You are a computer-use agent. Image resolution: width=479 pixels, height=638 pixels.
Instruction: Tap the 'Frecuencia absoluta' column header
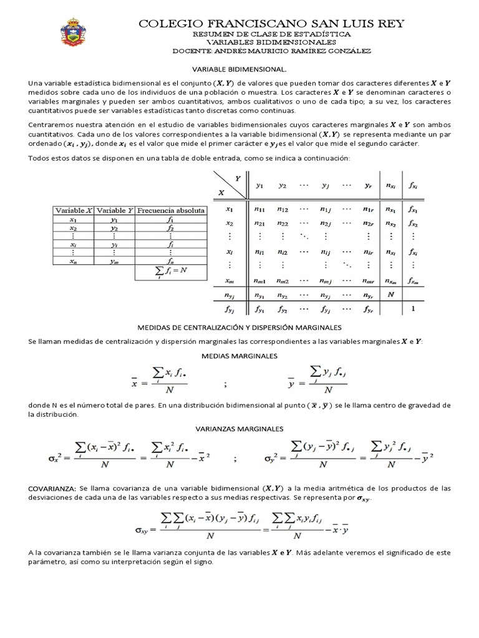click(171, 211)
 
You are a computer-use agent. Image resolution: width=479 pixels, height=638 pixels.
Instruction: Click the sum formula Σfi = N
click(171, 271)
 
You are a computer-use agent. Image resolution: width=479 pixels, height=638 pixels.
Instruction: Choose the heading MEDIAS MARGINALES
click(239, 355)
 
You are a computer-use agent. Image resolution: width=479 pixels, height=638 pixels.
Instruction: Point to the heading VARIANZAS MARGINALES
click(239, 429)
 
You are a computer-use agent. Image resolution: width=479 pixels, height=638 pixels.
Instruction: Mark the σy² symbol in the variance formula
click(268, 460)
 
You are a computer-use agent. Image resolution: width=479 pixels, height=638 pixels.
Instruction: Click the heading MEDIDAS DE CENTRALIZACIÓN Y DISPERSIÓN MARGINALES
click(239, 327)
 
